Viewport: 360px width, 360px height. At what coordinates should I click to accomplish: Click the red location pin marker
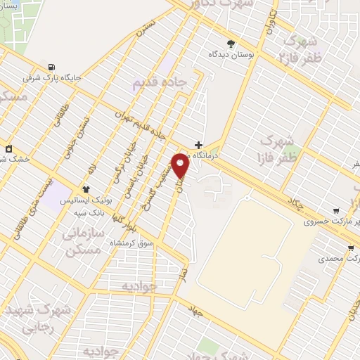tap(181, 165)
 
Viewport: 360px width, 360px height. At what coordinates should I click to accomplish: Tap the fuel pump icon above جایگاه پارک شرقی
tap(51, 67)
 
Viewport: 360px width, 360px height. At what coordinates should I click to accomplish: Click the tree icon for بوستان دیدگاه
tap(231, 44)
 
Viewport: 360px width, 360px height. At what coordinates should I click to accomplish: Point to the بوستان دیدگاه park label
tap(231, 54)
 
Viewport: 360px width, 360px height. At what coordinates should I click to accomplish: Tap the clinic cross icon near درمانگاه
tap(199, 145)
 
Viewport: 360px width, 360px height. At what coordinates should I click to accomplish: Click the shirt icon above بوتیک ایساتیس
tap(86, 188)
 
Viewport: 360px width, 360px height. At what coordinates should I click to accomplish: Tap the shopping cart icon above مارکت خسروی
tap(336, 210)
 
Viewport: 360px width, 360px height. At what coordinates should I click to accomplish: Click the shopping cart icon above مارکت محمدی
tap(350, 248)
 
